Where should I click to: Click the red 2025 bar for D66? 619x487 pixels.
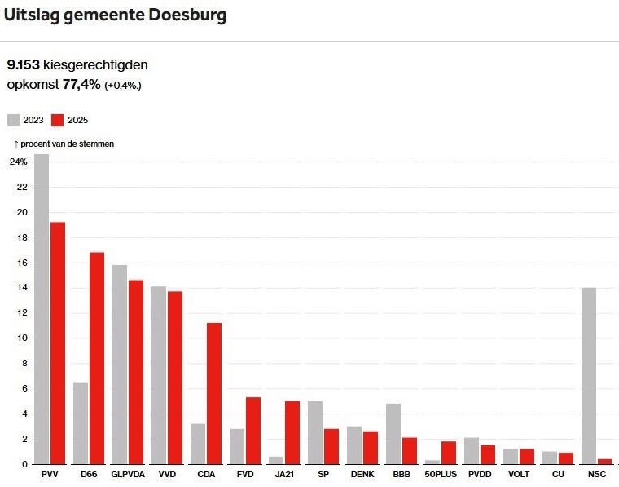97,358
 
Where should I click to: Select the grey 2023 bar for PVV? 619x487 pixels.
42,309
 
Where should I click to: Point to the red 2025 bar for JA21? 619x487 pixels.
292,432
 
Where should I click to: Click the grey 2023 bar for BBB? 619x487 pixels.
393,433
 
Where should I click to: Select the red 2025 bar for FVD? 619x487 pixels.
253,431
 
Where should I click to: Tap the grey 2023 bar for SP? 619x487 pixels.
315,432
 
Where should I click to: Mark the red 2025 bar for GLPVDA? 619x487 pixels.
136,372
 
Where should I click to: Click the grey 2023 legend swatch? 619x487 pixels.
13,120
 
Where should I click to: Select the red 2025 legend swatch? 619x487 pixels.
58,120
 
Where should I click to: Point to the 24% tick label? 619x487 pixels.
18,162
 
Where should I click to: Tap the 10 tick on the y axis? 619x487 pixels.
22,338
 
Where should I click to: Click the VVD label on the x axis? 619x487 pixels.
167,473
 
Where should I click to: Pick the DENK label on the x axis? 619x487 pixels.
362,473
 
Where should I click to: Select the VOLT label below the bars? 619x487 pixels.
518,473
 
